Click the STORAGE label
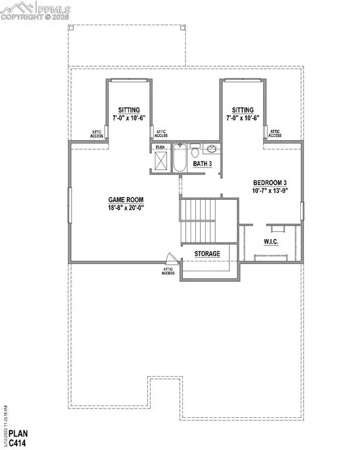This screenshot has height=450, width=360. (x=208, y=254)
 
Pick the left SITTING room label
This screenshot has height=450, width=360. (x=128, y=110)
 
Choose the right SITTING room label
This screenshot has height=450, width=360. (x=242, y=110)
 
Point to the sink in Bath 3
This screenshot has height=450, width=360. (x=212, y=149)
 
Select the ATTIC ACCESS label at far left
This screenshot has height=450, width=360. (x=96, y=134)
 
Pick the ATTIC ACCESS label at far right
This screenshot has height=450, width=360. (x=274, y=134)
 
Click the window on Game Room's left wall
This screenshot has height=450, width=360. (x=70, y=205)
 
